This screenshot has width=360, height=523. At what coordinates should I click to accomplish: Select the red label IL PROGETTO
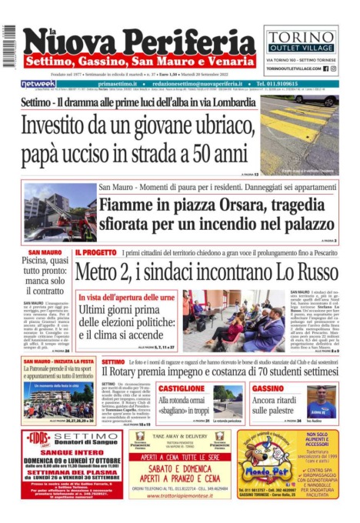pos(96,252)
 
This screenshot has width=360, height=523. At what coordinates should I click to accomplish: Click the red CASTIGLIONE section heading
pos(182,388)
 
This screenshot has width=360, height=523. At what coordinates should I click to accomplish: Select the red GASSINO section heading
pos(268,388)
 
